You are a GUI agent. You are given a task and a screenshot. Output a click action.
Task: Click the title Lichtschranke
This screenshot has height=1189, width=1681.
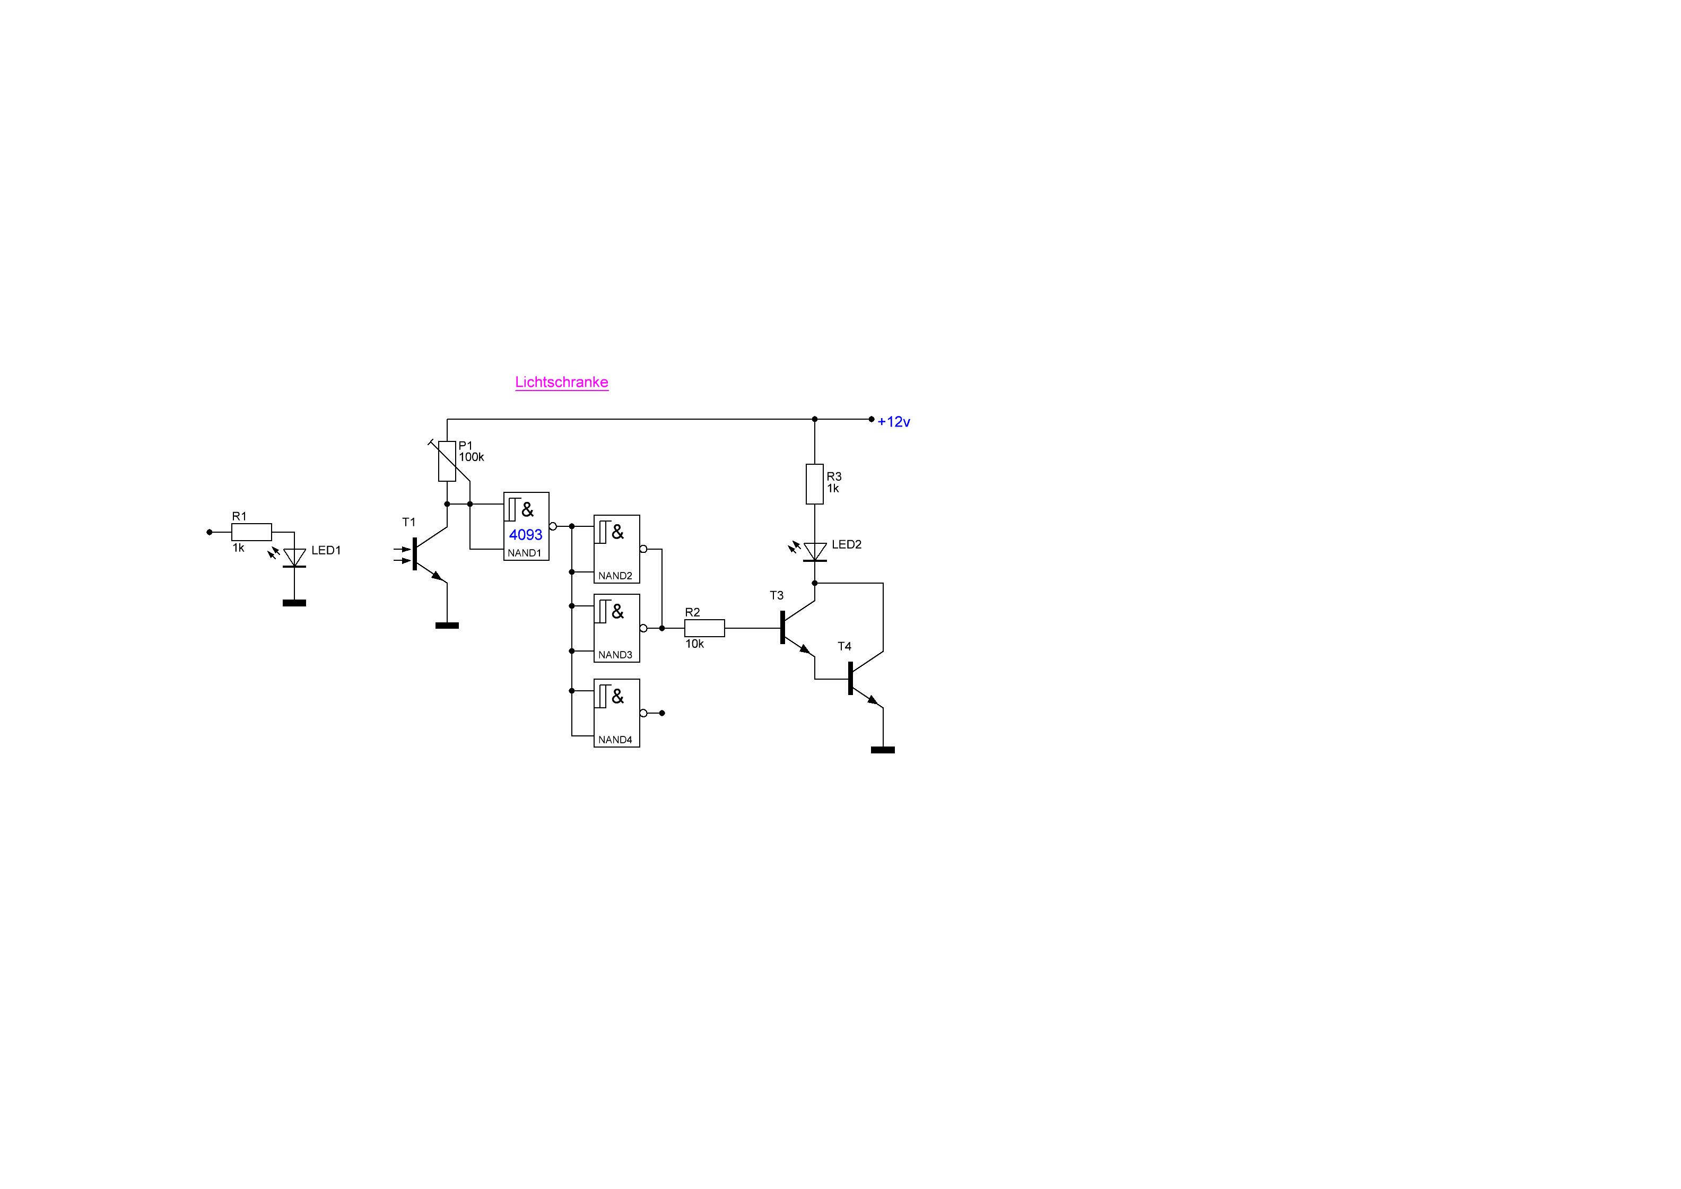tap(562, 382)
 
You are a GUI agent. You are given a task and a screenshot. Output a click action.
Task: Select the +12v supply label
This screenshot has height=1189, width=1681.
tap(893, 422)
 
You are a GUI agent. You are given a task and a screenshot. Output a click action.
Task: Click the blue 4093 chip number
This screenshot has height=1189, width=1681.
tap(526, 534)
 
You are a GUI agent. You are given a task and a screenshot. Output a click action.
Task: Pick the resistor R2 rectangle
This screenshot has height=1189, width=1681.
tap(704, 628)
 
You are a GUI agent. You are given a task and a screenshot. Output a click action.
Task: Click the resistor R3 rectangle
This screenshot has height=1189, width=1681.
tap(815, 484)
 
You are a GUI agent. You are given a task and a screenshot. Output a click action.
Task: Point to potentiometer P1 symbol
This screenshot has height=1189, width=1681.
tap(447, 461)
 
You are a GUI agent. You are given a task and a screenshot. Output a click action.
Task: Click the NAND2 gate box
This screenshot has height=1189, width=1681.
tap(616, 549)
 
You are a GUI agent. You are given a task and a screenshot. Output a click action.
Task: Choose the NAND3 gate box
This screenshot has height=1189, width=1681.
tap(616, 628)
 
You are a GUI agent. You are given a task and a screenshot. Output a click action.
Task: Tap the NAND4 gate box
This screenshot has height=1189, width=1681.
tap(616, 713)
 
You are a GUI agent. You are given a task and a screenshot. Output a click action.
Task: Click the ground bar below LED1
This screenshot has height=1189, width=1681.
tap(294, 603)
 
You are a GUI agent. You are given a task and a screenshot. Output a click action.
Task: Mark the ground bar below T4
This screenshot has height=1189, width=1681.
tap(883, 750)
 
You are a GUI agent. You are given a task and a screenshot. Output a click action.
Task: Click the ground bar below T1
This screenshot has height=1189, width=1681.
tap(447, 625)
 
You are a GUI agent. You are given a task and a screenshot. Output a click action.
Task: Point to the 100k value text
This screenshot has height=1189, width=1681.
tap(472, 457)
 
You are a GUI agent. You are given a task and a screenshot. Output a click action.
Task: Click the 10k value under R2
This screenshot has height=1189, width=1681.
tap(695, 644)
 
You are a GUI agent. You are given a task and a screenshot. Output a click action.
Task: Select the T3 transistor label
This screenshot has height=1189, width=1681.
tap(777, 595)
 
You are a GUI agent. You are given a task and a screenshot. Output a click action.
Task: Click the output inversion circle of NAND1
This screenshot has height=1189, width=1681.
tap(553, 526)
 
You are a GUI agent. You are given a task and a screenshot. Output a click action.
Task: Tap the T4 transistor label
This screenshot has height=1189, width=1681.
tap(845, 646)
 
